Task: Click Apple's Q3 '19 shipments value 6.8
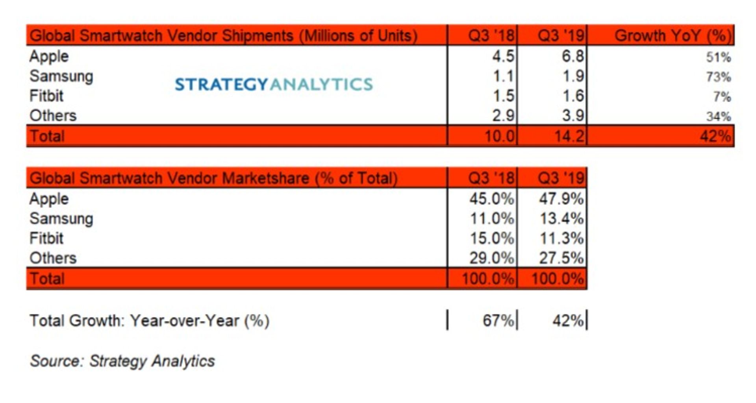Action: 573,56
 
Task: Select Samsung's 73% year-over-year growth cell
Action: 718,77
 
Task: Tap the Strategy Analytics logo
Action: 274,84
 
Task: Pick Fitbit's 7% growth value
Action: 722,96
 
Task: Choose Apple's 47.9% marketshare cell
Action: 561,199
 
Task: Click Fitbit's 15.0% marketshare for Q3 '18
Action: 492,238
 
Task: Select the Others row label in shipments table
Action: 53,116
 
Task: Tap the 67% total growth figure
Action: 498,321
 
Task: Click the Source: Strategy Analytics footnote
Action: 122,361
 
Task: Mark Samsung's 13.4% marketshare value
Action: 561,218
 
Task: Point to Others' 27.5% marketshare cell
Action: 561,258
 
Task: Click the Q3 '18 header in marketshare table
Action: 491,178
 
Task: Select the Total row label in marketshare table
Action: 47,279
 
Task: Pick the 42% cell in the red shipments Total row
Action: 715,136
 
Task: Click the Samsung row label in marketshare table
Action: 61,218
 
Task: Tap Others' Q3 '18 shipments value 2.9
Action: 503,116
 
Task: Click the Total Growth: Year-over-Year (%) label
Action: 150,321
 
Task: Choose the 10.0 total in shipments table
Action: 499,136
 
